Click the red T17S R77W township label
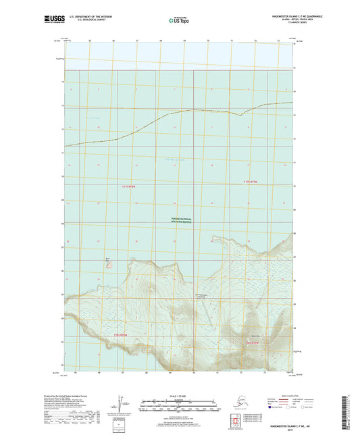pos(251,182)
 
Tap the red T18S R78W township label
pos(121,334)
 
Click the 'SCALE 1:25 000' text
pos(177,394)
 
